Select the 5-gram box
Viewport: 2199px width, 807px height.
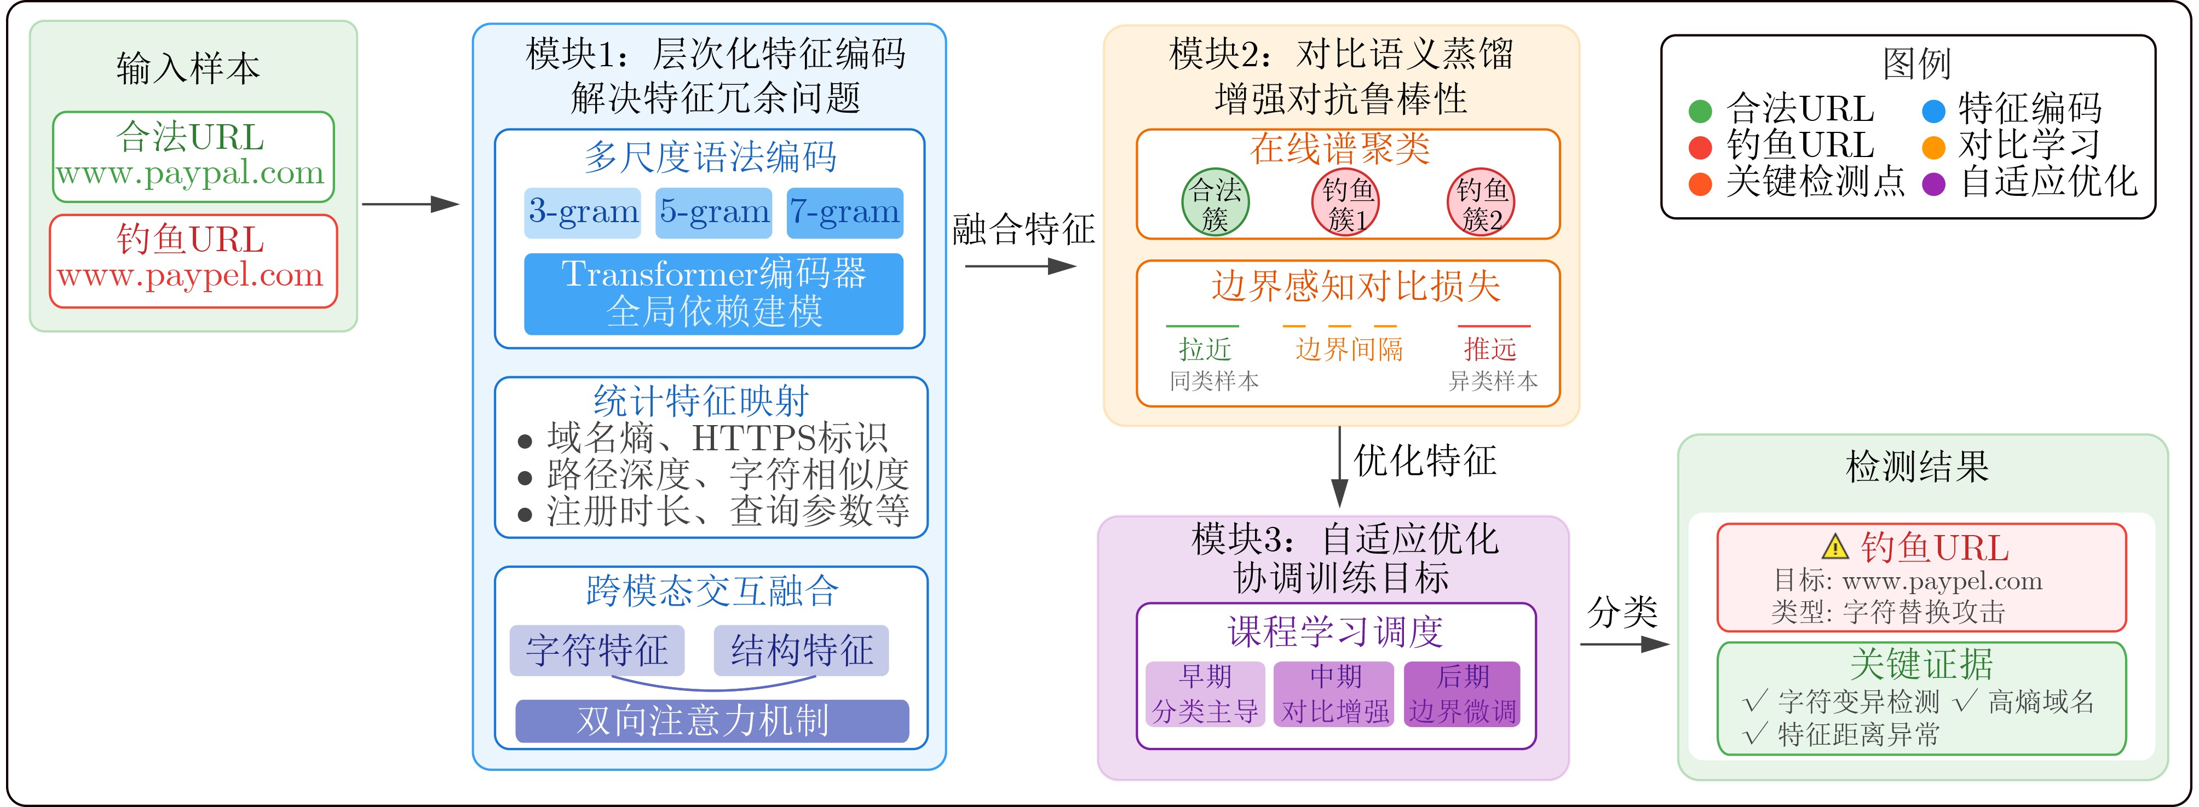point(713,212)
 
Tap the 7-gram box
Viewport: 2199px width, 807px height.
point(844,212)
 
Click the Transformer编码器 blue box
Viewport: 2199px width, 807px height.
point(713,293)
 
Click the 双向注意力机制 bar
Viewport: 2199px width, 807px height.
point(712,721)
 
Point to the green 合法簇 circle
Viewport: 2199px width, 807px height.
point(1214,202)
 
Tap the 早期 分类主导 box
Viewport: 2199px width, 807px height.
point(1205,694)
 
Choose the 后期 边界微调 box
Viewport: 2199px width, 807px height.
point(1463,694)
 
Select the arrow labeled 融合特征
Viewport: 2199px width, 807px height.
point(1020,266)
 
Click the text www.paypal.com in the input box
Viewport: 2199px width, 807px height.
point(191,174)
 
